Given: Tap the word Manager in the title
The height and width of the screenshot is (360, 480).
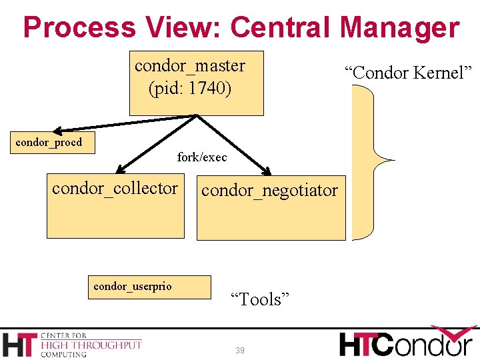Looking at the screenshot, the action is coord(399,28).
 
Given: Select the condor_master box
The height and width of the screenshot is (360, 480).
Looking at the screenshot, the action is coord(196,83).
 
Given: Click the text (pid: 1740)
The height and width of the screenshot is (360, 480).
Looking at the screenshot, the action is coord(190,88).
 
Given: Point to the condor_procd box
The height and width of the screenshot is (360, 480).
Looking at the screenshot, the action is coord(53,143).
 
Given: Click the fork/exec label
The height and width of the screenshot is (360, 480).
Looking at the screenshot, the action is coord(202,157).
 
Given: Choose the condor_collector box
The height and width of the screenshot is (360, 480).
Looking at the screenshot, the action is coord(115,206).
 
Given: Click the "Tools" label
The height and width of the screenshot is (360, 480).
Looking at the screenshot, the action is coord(260,299).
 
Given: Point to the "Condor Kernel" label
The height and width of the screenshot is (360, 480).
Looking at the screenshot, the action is coord(408,73).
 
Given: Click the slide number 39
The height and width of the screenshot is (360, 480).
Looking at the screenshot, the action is coord(240,351).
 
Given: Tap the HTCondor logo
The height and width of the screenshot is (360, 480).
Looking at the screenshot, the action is coord(406,343).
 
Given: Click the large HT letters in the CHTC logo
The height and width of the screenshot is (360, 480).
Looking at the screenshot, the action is coord(19,345).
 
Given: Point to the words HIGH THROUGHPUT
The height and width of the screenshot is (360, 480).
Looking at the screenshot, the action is coord(91,345).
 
